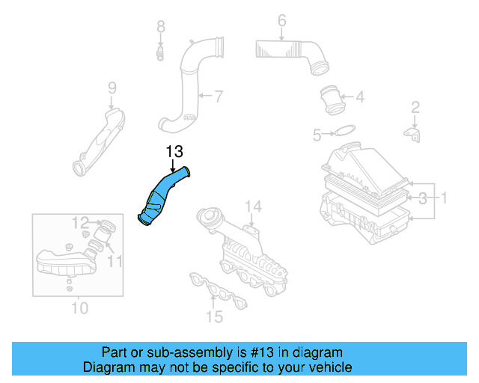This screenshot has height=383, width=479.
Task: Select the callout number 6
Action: pyautogui.click(x=281, y=20)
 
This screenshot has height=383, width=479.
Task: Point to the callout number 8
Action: pyautogui.click(x=160, y=27)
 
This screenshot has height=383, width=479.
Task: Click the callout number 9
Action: pyautogui.click(x=112, y=88)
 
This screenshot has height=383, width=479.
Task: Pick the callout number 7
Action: pyautogui.click(x=218, y=96)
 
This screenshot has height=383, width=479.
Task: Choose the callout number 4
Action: pyautogui.click(x=359, y=96)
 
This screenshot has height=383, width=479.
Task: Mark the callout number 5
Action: pyautogui.click(x=317, y=135)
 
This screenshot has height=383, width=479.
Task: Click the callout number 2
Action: pyautogui.click(x=414, y=109)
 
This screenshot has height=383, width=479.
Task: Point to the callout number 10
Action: pyautogui.click(x=79, y=307)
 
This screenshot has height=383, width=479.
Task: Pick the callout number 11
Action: pyautogui.click(x=114, y=260)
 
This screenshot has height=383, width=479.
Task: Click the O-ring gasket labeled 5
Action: pyautogui.click(x=344, y=132)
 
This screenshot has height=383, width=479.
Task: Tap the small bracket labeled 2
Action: pyautogui.click(x=413, y=134)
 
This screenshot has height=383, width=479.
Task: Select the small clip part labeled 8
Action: pyautogui.click(x=160, y=52)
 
